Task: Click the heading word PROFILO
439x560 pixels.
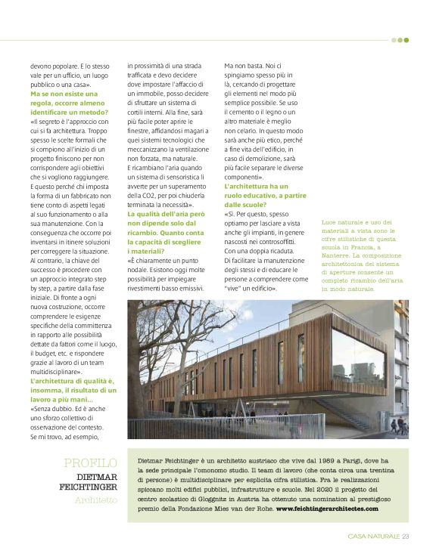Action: click(x=90, y=463)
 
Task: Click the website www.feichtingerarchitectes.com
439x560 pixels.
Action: click(x=327, y=509)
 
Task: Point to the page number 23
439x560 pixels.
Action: click(x=406, y=537)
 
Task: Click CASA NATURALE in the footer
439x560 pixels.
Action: click(x=369, y=537)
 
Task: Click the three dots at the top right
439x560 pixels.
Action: click(x=400, y=40)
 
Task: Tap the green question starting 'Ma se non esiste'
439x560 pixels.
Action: click(x=64, y=104)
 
